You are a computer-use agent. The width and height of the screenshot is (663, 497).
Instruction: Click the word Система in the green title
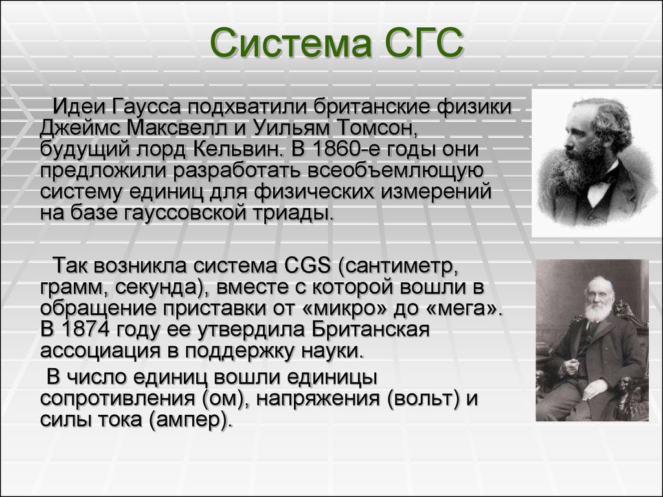coord(291,43)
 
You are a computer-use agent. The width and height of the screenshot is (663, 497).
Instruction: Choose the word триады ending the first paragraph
coord(293,212)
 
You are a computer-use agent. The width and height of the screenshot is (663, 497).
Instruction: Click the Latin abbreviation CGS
coord(307,266)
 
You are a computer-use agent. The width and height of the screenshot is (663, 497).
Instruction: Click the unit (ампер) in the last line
coord(190,419)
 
